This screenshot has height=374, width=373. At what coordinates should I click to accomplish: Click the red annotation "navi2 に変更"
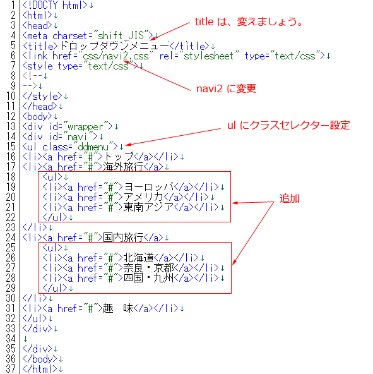[226, 88]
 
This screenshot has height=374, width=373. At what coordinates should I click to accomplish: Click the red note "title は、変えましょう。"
[249, 21]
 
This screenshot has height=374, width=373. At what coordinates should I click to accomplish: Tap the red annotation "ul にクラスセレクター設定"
[288, 125]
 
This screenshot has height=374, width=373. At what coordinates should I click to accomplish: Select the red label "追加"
[289, 198]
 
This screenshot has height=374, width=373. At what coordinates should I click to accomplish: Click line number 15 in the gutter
[11, 147]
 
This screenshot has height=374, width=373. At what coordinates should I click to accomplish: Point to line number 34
[11, 339]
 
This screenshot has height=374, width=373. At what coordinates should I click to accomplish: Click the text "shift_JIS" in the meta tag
[121, 36]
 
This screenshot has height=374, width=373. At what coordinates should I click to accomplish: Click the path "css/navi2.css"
[115, 56]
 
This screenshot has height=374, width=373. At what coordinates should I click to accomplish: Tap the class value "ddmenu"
[93, 147]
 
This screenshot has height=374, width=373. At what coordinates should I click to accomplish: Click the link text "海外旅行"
[123, 167]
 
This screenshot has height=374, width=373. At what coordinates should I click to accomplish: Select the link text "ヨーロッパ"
[148, 187]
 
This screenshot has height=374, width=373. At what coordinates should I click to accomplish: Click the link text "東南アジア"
[148, 207]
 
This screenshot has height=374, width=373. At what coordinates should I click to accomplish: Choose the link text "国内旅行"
[123, 238]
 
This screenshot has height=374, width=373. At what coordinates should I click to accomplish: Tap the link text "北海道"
[138, 258]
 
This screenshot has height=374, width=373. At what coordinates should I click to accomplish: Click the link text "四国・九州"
[148, 278]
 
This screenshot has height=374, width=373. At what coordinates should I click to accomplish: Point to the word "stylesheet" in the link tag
[208, 56]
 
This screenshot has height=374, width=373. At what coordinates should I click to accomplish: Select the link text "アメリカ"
[143, 197]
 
